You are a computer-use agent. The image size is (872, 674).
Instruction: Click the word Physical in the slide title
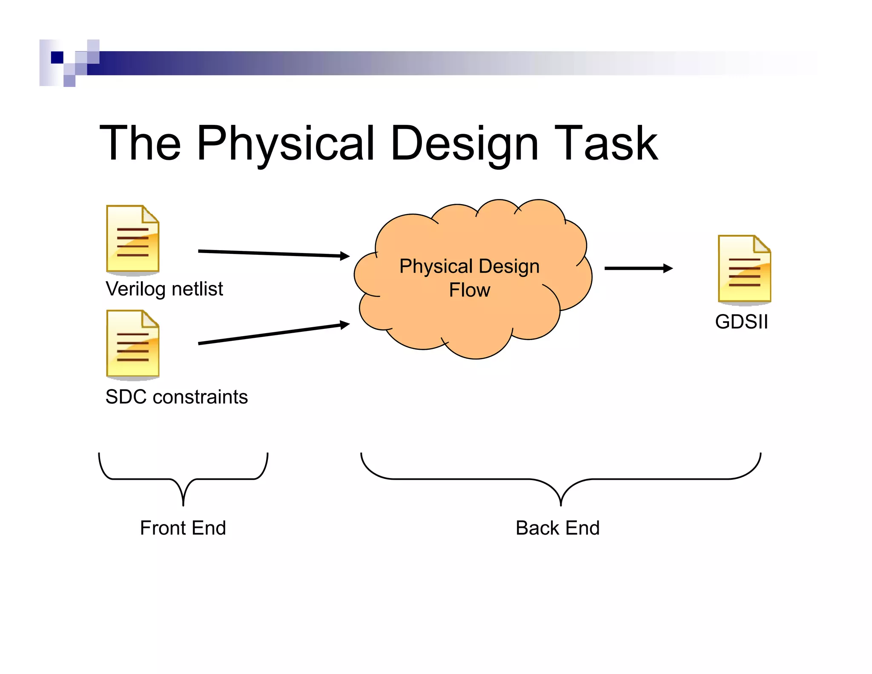coord(285,144)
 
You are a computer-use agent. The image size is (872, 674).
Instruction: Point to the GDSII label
coord(741,322)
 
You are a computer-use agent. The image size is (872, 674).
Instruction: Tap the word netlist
coord(197,289)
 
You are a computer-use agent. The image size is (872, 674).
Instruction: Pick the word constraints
coord(200,397)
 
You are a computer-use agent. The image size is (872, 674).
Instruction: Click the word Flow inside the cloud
coord(470,290)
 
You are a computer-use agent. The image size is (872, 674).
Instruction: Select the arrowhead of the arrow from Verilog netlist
coord(345,256)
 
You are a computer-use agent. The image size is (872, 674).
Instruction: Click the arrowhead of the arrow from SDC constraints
coord(345,325)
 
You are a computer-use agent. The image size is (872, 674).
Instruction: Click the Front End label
coord(183,528)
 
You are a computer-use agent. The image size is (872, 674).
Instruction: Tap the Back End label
coord(557,528)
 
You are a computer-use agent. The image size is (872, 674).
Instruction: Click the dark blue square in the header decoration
coord(57,57)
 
